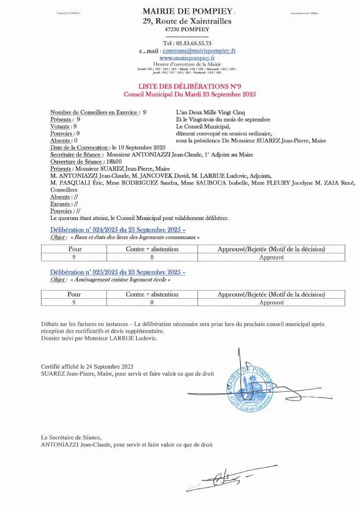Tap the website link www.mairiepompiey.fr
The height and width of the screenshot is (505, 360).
[x=187, y=57]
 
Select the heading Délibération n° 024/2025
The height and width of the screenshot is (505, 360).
[x=118, y=230]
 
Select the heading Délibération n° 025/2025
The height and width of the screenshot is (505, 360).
[x=118, y=272]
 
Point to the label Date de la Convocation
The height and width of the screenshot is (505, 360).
[x=79, y=148]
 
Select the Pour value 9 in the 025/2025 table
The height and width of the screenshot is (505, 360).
[x=73, y=302]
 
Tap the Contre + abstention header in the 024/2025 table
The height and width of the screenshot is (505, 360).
[x=152, y=249]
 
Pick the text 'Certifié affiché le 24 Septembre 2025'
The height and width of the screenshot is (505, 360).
[x=87, y=367]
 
